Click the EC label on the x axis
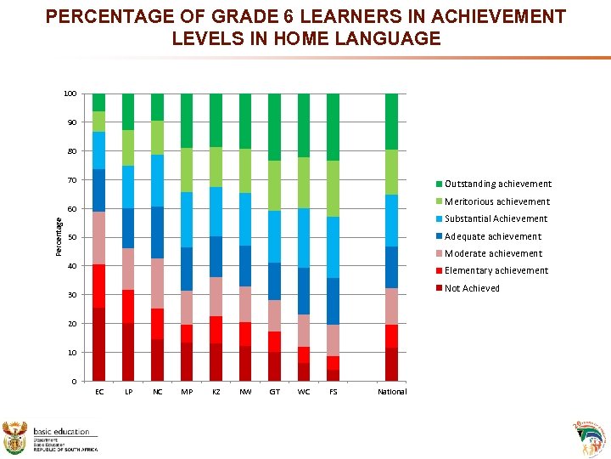point(99,392)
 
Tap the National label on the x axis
point(392,392)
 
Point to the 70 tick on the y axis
point(72,180)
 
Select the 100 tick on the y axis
point(70,93)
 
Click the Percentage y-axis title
point(59,236)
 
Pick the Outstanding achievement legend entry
point(497,184)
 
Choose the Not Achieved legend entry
point(472,288)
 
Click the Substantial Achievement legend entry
point(496,218)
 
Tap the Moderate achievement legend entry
point(493,253)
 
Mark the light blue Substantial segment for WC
point(304,238)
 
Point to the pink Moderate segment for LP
point(128,269)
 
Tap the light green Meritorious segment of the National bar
point(391,172)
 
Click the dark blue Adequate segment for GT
point(274,281)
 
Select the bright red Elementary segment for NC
point(157,324)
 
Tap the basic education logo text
point(61,432)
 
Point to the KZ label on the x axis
point(216,392)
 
